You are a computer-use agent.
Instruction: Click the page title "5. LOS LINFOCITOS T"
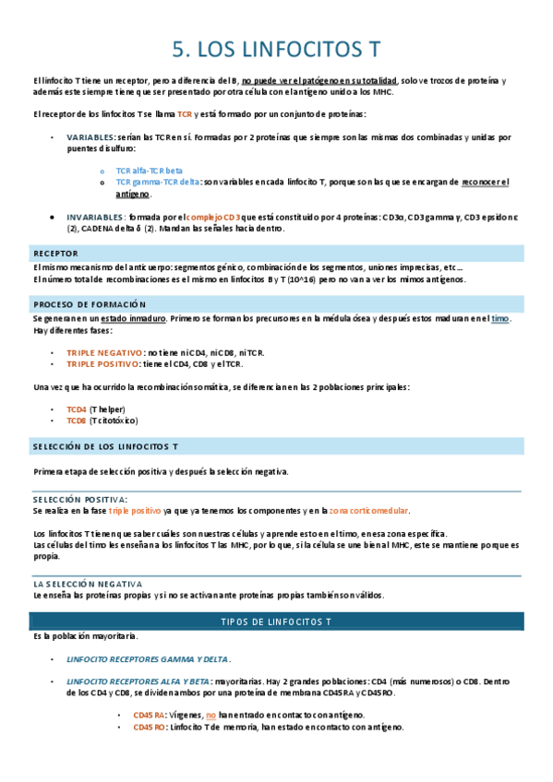click(276, 48)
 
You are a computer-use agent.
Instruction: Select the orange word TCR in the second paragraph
click(185, 114)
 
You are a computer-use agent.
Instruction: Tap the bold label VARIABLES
click(90, 137)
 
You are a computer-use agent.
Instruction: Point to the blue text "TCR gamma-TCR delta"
click(158, 183)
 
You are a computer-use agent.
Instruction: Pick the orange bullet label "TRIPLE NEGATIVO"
click(104, 352)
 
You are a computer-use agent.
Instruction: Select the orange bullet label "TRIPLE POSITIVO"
click(103, 364)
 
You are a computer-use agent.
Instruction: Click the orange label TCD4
click(77, 409)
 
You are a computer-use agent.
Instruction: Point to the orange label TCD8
click(77, 421)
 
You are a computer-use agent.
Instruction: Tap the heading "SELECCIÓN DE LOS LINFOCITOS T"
click(105, 446)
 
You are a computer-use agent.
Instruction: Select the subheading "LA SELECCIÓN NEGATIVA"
click(87, 584)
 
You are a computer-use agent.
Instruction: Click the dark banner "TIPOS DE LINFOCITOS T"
click(276, 622)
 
